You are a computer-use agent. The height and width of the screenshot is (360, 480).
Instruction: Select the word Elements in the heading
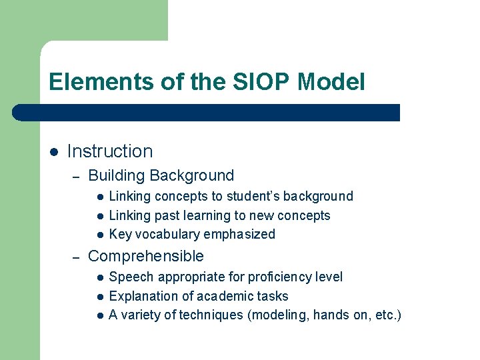pos(93,82)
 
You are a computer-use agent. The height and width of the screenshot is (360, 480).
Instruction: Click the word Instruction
pos(110,151)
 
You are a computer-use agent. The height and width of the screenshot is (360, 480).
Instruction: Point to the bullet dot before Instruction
pos(54,152)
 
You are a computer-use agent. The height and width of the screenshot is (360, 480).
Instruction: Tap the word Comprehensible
pos(146,256)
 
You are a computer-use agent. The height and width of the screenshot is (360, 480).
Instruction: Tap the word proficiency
pos(276,277)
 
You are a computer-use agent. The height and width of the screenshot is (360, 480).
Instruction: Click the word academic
pos(215,296)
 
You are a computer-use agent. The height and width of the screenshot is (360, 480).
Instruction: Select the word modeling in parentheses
pos(273,315)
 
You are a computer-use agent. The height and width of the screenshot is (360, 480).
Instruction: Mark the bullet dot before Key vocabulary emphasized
pos(98,235)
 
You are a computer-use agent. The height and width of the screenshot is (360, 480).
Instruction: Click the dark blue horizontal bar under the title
pos(206,112)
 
